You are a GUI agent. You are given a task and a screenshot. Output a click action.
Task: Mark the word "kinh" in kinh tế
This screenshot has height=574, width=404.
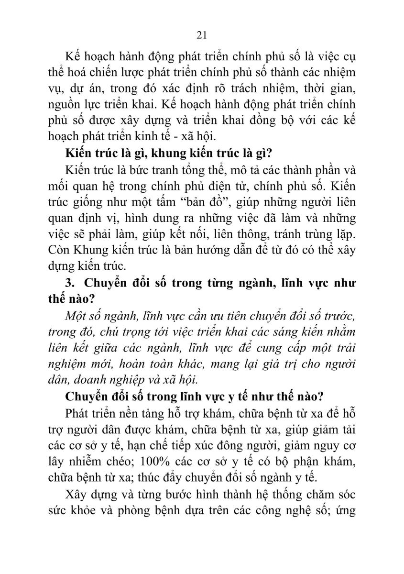pyautogui.click(x=149, y=136)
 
